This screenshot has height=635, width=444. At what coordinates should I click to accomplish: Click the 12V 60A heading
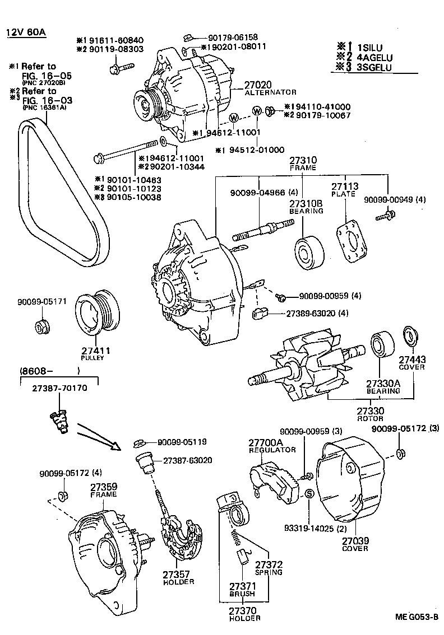coord(26,31)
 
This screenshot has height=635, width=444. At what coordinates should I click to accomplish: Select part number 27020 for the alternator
coord(257,85)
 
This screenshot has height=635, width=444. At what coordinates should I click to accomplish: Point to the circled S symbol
coord(308,494)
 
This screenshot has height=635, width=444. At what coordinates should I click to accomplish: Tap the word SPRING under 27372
coord(268,572)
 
